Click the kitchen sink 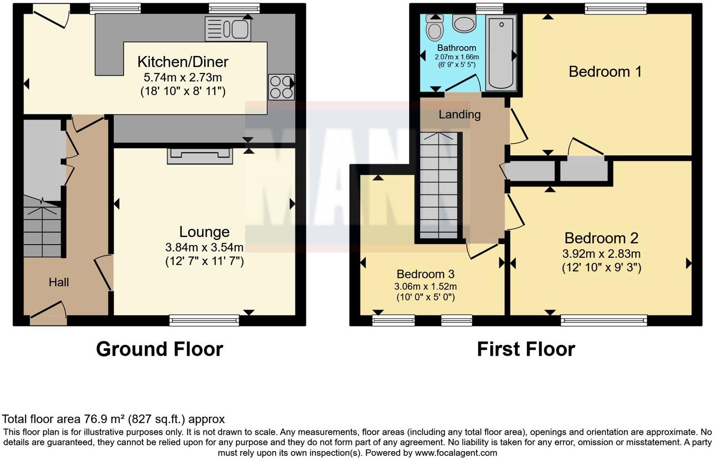[228, 29]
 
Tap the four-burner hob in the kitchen [281, 87]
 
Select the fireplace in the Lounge [200, 156]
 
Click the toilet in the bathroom [434, 28]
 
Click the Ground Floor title [159, 349]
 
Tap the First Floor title [526, 349]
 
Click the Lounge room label [204, 231]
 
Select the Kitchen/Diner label [183, 62]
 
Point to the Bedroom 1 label [605, 72]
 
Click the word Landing [460, 114]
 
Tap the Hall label [59, 282]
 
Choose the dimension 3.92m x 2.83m [601, 254]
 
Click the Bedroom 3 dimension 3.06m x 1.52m [425, 286]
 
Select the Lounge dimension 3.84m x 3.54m [204, 247]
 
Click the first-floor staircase [438, 186]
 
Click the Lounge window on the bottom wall [204, 321]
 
